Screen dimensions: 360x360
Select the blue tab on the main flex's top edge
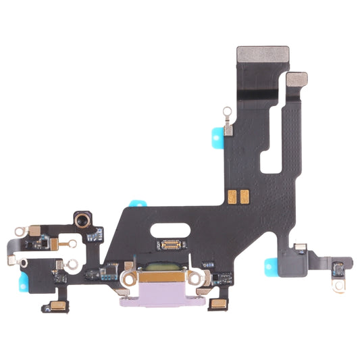pyautogui.click(x=138, y=203)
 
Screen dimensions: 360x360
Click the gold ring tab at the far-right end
pyautogui.click(x=338, y=286)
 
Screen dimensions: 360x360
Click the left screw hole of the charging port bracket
pyautogui.click(x=126, y=276)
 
